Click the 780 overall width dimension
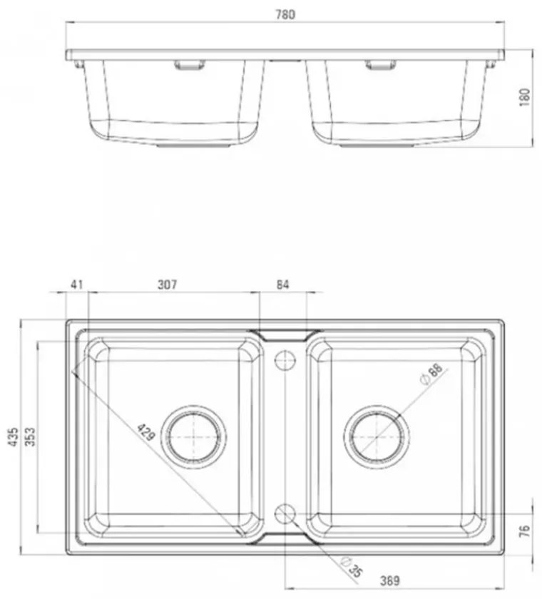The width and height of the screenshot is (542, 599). click(285, 14)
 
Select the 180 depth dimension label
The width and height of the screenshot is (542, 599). click(526, 97)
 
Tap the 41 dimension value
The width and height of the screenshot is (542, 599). click(77, 285)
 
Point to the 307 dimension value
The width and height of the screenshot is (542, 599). click(168, 285)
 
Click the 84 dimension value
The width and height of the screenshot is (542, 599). click(282, 285)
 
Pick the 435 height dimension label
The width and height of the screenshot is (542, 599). click(14, 437)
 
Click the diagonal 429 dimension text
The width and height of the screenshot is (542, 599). click(146, 431)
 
